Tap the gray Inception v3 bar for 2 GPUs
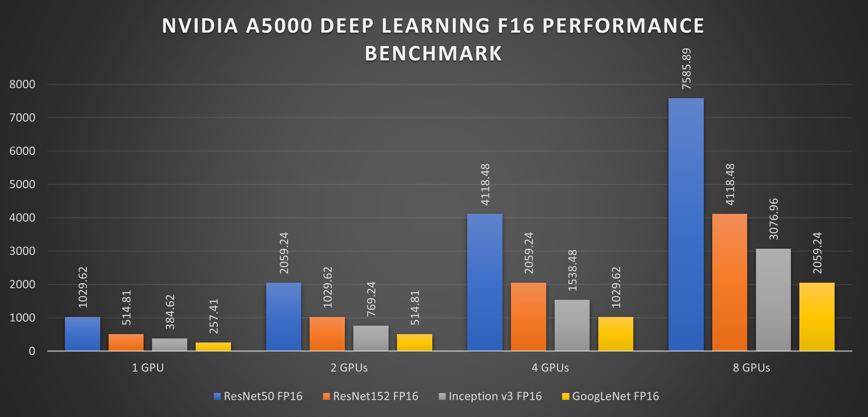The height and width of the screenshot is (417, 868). click(x=371, y=338)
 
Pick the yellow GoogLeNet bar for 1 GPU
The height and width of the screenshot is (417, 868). click(x=213, y=347)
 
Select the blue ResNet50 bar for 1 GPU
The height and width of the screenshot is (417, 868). click(x=82, y=334)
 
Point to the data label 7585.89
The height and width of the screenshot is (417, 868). click(x=686, y=69)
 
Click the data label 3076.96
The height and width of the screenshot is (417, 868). click(x=774, y=219)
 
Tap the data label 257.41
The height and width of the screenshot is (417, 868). click(x=213, y=316)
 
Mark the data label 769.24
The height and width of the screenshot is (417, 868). click(x=371, y=299)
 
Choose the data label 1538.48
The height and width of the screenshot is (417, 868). click(x=572, y=271)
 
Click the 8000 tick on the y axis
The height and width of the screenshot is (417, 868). click(x=22, y=84)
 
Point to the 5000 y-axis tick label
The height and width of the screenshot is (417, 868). click(x=22, y=185)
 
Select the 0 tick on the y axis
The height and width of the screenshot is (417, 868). click(x=32, y=351)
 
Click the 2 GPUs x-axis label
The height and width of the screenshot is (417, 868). click(x=349, y=367)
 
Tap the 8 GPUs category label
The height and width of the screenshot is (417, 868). click(x=751, y=367)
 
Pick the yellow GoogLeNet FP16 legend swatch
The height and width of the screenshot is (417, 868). click(x=566, y=396)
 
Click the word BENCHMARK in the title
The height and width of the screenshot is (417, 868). click(x=433, y=53)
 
